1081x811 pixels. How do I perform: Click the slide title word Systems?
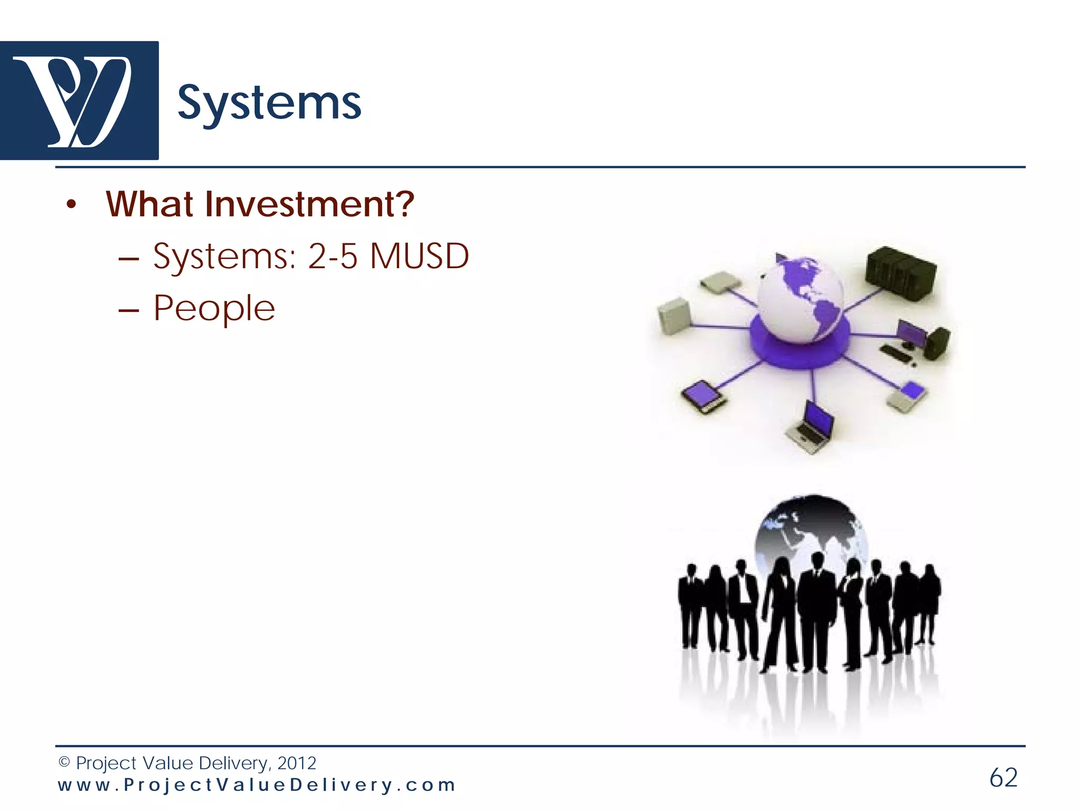(269, 103)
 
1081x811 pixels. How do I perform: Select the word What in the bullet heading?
(149, 204)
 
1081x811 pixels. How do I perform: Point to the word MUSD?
(419, 257)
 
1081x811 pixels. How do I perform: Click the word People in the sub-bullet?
(214, 308)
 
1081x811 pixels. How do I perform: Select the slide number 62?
(1003, 778)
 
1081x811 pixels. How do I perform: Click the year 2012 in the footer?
(297, 763)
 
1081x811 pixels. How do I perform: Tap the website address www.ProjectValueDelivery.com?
(257, 785)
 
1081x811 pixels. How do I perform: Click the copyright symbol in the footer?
(64, 762)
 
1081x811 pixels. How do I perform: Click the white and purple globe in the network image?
(800, 298)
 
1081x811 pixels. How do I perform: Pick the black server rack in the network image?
(900, 274)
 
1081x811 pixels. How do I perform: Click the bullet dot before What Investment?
(72, 205)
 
